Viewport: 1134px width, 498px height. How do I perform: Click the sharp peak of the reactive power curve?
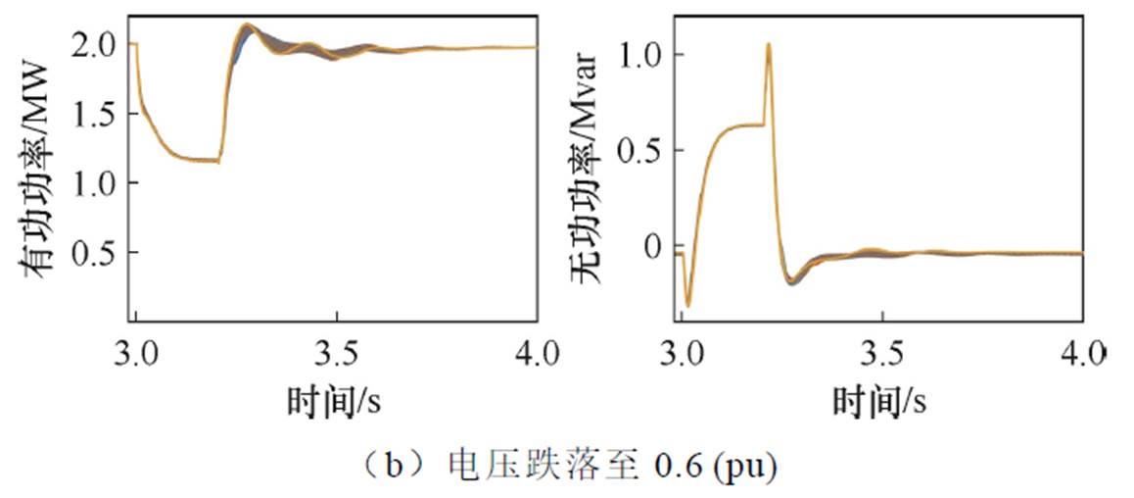(769, 44)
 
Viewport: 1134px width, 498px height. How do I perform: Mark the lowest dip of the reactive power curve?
(687, 305)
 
